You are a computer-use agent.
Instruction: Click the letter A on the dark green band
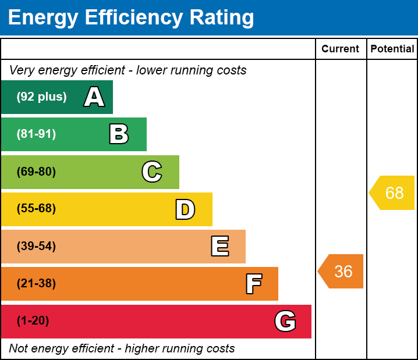(x=94, y=97)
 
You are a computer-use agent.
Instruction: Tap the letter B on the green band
(x=119, y=134)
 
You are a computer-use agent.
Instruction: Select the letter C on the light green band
(x=151, y=172)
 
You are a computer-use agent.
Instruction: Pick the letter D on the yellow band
(x=185, y=209)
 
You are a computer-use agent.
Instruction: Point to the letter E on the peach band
(x=219, y=247)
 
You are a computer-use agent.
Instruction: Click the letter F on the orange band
(x=253, y=284)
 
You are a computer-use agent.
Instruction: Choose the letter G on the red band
(x=285, y=321)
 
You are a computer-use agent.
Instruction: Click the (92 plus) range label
(x=41, y=97)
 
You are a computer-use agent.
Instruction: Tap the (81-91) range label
(x=36, y=134)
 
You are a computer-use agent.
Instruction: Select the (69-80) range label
(x=36, y=172)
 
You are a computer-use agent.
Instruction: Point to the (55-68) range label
(x=36, y=209)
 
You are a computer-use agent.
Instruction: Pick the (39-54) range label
(x=36, y=246)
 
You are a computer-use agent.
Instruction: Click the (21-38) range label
(x=36, y=283)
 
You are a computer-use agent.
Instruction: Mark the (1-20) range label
(x=33, y=320)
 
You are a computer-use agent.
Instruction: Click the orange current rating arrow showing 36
(x=342, y=271)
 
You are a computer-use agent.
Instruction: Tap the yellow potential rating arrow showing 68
(x=393, y=193)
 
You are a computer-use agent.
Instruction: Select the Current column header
(x=341, y=49)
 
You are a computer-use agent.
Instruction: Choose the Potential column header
(x=392, y=49)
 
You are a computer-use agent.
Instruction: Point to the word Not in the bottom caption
(x=19, y=348)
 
